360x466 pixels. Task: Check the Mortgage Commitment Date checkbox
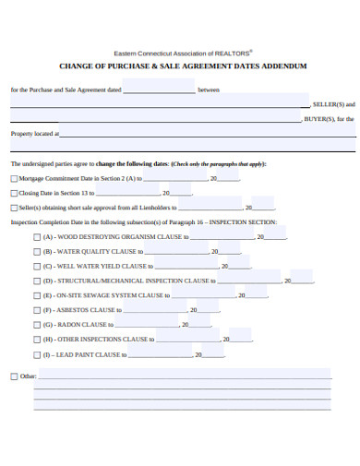(13, 179)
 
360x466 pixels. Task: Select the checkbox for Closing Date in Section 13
(13, 194)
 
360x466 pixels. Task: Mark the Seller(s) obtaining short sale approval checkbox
(13, 208)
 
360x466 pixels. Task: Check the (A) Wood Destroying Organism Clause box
(37, 237)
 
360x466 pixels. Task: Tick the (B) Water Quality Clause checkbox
(37, 252)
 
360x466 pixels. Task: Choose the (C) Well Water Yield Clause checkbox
(37, 267)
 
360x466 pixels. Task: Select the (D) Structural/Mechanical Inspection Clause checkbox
(37, 281)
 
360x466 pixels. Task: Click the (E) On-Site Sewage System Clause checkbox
(37, 296)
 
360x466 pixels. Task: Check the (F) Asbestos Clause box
(37, 311)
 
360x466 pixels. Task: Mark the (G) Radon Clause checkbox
(37, 326)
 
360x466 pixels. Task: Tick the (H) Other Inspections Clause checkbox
(37, 341)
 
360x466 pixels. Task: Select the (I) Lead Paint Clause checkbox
(37, 355)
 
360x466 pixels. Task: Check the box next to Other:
(13, 376)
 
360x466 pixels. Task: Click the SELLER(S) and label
(333, 104)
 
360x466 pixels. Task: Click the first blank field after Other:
(185, 375)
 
